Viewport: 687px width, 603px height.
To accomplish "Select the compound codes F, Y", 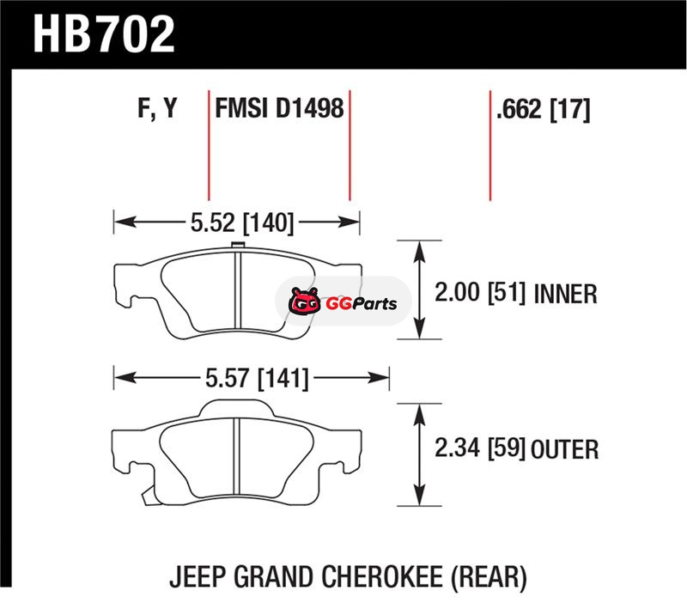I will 156,109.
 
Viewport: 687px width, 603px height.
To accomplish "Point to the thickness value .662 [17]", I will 542,110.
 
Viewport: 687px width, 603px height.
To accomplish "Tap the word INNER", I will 564,295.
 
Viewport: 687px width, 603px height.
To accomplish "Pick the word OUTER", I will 564,448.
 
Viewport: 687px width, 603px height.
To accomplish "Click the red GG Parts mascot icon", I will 303,302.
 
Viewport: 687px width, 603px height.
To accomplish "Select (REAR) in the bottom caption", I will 488,575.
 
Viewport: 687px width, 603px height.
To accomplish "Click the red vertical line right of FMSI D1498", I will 350,146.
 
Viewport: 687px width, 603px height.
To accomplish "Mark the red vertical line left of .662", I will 489,146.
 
